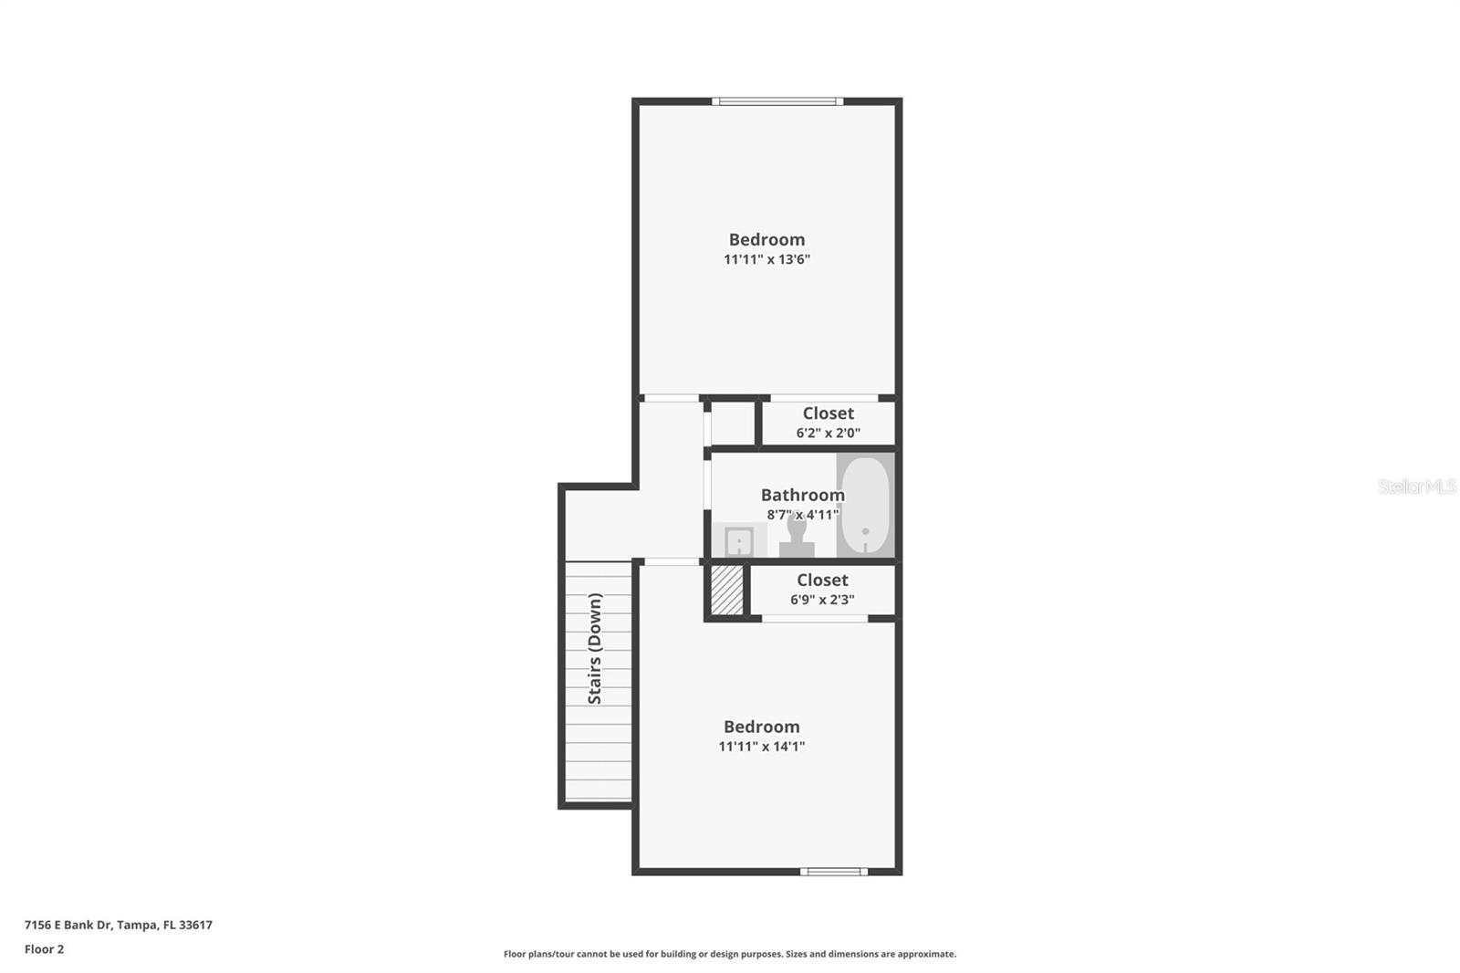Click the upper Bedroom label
pos(766,240)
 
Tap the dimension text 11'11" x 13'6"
pos(766,259)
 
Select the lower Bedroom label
pos(761,727)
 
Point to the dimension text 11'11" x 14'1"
pos(761,747)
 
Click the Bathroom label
pos(802,495)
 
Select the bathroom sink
pos(738,541)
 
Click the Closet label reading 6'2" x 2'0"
pos(828,413)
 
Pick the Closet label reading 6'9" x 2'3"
pos(822,581)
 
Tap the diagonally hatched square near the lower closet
pos(727,590)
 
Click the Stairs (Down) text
pos(595,648)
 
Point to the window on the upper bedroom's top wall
pos(777,101)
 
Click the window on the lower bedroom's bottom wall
pos(834,872)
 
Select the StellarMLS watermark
pos(1416,486)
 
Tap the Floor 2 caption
pos(44,949)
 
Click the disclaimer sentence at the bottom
pos(730,954)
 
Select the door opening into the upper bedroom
pos(671,398)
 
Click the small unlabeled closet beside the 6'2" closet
pos(733,424)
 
